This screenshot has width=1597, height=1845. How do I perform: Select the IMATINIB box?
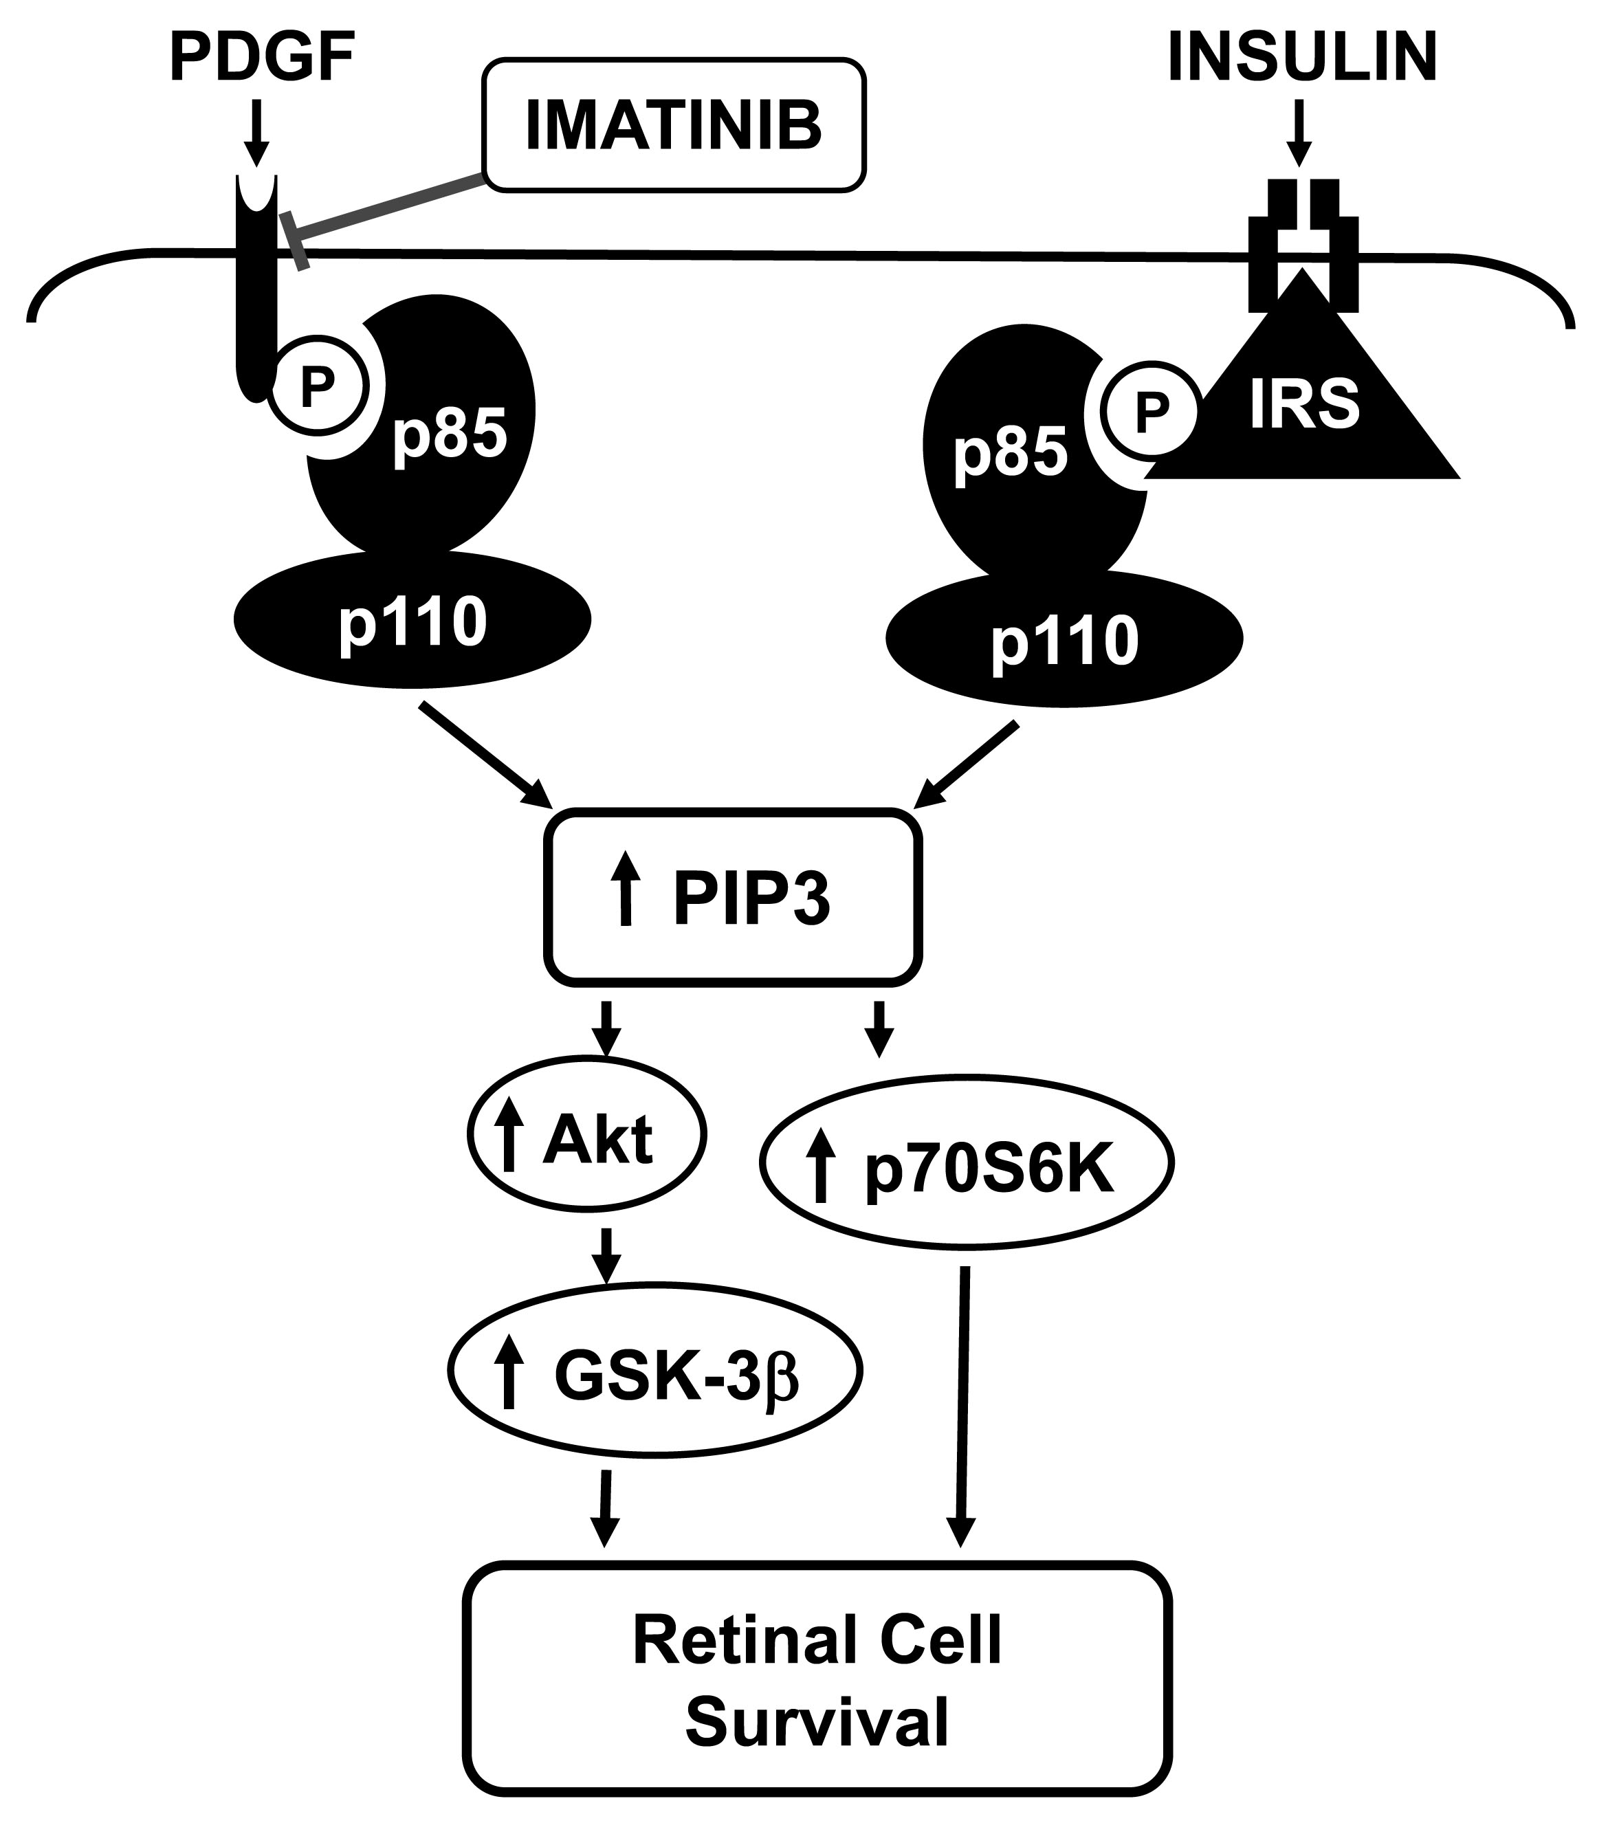point(673,124)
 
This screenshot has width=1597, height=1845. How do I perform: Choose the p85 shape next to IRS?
point(1016,454)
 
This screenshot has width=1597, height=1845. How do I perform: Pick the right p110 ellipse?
point(1064,640)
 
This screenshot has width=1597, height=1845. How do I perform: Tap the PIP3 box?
point(733,897)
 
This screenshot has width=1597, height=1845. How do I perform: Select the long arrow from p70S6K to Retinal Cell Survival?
point(963,1408)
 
